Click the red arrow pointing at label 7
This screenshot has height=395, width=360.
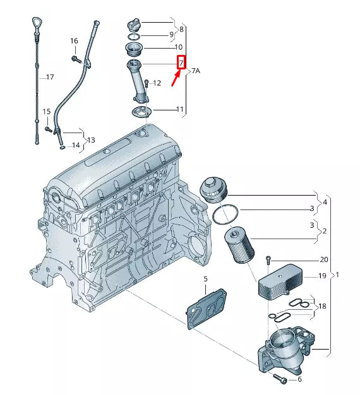click(x=176, y=78)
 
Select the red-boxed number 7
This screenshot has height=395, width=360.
click(x=181, y=62)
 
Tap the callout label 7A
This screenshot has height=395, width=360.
click(x=196, y=71)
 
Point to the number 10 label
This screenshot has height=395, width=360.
click(x=179, y=47)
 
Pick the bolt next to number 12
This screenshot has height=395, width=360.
click(x=147, y=84)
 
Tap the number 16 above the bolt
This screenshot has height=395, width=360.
click(x=74, y=41)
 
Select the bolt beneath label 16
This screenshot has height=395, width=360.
click(x=76, y=59)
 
